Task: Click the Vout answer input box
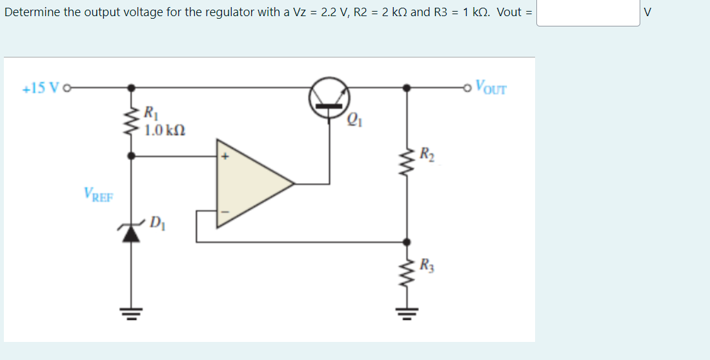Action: [588, 12]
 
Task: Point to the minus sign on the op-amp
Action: [226, 211]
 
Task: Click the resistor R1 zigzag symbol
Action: [132, 120]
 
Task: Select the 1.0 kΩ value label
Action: [165, 130]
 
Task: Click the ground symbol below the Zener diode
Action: [132, 314]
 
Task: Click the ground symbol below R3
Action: [405, 315]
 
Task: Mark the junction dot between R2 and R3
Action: [405, 242]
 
